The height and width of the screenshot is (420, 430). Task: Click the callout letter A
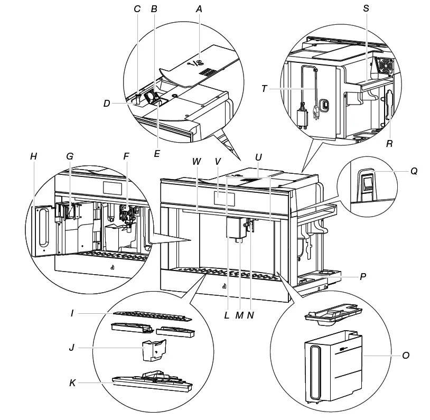pos(199,9)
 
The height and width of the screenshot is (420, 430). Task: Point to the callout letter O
pos(406,356)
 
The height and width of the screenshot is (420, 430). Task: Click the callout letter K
pos(72,383)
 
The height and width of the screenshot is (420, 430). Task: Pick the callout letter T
pos(264,89)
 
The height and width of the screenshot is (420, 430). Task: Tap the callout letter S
pos(366,9)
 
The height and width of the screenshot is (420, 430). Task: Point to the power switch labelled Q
pos(367,183)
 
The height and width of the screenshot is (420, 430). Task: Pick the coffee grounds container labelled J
pos(154,350)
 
